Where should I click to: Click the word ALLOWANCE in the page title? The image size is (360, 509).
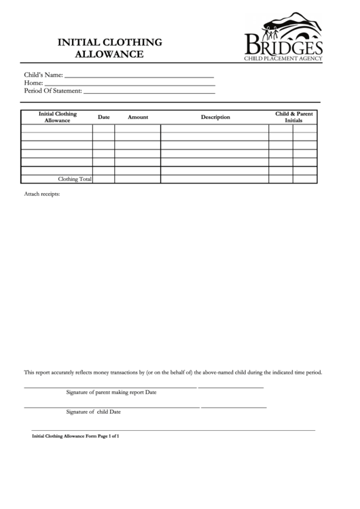109,54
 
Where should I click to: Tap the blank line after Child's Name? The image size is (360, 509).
139,75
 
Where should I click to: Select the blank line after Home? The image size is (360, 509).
130,83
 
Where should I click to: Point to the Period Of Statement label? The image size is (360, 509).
53,90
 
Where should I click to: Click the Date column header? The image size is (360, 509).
104,118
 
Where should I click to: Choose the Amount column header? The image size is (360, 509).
138,118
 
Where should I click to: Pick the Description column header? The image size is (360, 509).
215,118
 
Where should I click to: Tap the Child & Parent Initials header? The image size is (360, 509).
293,117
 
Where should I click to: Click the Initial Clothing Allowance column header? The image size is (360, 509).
58,117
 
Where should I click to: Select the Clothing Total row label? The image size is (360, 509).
75,179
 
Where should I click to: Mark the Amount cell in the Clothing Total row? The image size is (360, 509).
137,179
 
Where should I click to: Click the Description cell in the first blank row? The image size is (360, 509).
215,128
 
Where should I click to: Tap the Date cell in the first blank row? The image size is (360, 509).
103,128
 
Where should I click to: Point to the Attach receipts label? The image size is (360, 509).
42,194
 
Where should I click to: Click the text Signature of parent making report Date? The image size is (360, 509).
111,392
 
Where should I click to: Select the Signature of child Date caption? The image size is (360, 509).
94,412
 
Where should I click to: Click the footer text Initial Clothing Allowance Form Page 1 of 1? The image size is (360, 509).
76,436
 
